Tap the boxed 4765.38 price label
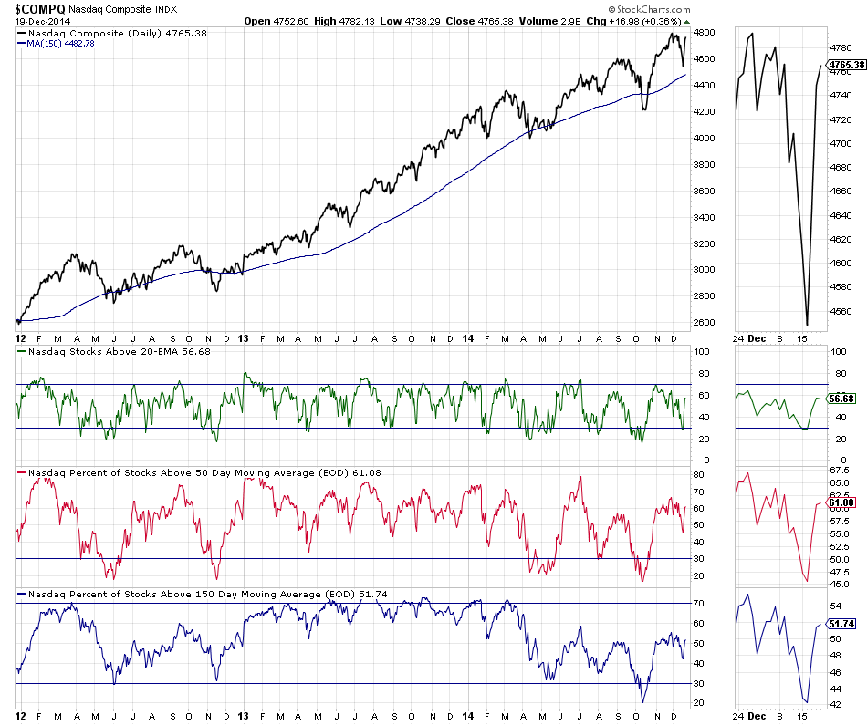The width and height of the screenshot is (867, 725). (845, 65)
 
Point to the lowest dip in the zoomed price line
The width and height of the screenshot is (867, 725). (807, 324)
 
